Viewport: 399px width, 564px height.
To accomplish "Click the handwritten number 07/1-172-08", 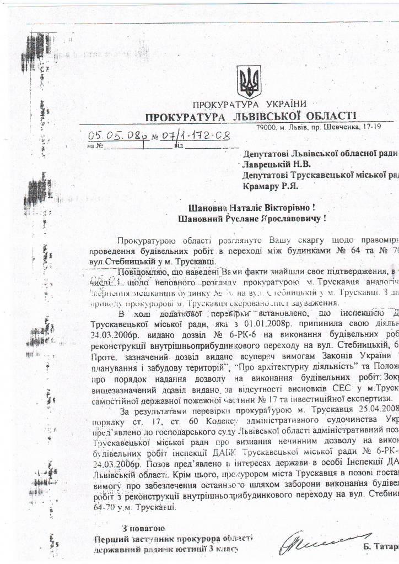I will (193, 134).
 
